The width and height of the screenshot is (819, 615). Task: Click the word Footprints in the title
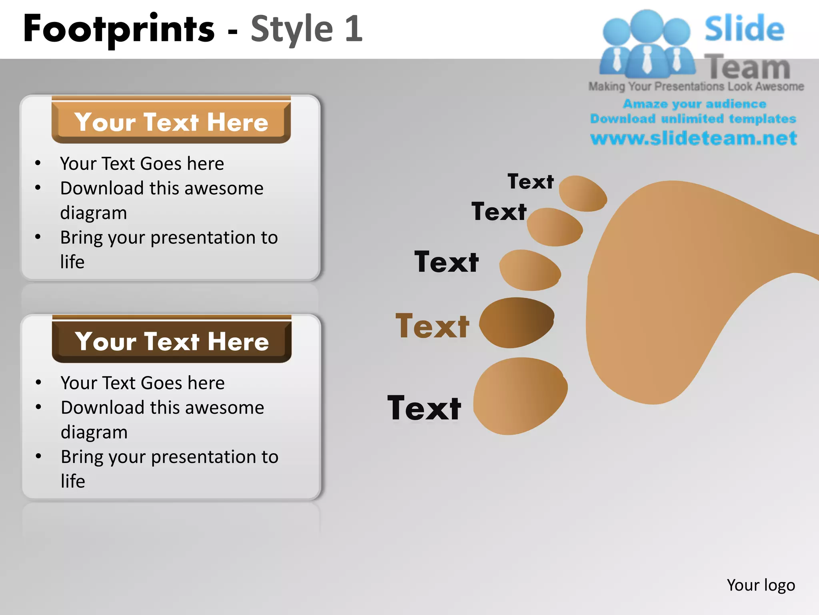tap(119, 29)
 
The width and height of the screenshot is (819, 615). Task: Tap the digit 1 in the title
tap(354, 29)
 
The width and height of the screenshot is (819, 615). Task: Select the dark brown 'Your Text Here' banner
tap(172, 341)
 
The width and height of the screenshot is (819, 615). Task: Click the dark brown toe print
tap(517, 322)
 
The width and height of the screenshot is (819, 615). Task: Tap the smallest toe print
tap(583, 193)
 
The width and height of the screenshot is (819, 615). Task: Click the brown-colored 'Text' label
tap(432, 326)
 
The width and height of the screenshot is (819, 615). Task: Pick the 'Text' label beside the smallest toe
tap(531, 181)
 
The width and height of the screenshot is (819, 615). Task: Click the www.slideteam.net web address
tap(694, 138)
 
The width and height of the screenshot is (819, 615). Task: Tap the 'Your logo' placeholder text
tap(761, 585)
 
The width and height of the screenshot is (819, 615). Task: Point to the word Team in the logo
tap(747, 67)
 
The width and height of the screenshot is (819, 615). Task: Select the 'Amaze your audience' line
tap(694, 104)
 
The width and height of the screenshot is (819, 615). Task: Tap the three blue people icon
tap(647, 44)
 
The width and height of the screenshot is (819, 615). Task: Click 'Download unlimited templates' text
tap(693, 119)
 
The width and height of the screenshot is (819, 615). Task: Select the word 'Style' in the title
tap(292, 29)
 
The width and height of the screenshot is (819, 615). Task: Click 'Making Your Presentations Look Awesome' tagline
tap(696, 86)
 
